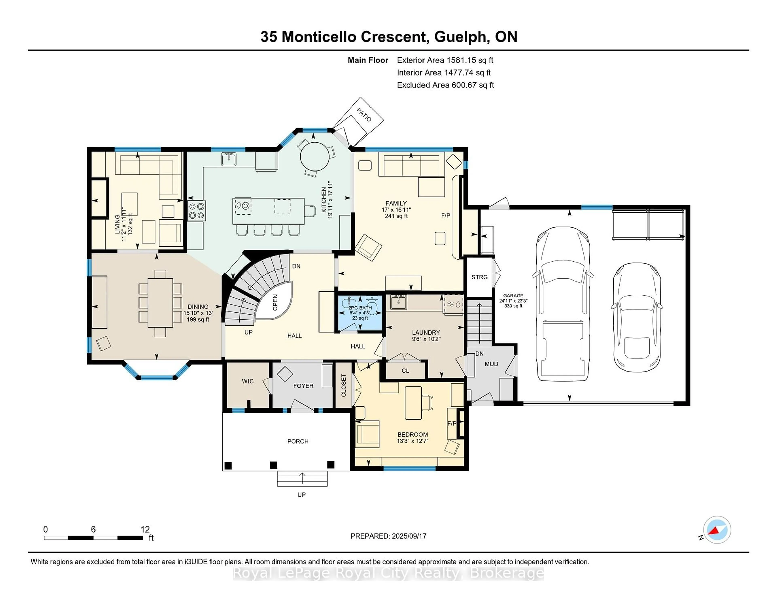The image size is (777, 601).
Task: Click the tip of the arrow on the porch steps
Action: click(303, 473)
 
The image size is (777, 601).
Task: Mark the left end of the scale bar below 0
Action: click(44, 538)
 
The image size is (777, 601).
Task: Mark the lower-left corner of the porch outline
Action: click(223, 471)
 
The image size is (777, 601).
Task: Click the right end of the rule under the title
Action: click(749, 50)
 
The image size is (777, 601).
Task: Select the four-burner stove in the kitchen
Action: click(196, 211)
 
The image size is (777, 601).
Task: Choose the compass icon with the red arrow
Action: click(717, 530)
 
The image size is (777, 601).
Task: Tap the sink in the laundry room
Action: click(398, 302)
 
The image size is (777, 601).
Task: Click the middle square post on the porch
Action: click(274, 465)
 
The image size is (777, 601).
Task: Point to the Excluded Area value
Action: click(473, 85)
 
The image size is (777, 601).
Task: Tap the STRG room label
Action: click(480, 277)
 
